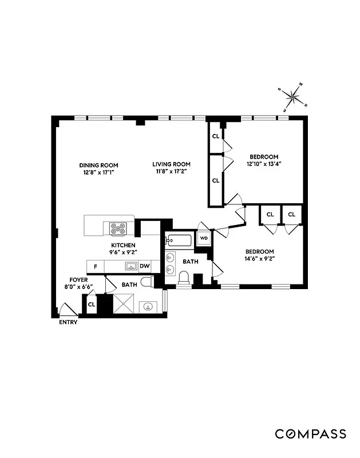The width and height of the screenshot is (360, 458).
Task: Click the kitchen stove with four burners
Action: tap(118, 229)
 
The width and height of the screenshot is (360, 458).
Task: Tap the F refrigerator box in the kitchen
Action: tap(96, 267)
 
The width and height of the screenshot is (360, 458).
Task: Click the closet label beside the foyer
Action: tap(91, 304)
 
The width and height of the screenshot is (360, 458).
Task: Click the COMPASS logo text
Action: tap(310, 434)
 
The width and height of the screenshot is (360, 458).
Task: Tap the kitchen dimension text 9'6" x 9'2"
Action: tap(123, 252)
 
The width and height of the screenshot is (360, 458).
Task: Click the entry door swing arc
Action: tap(67, 310)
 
